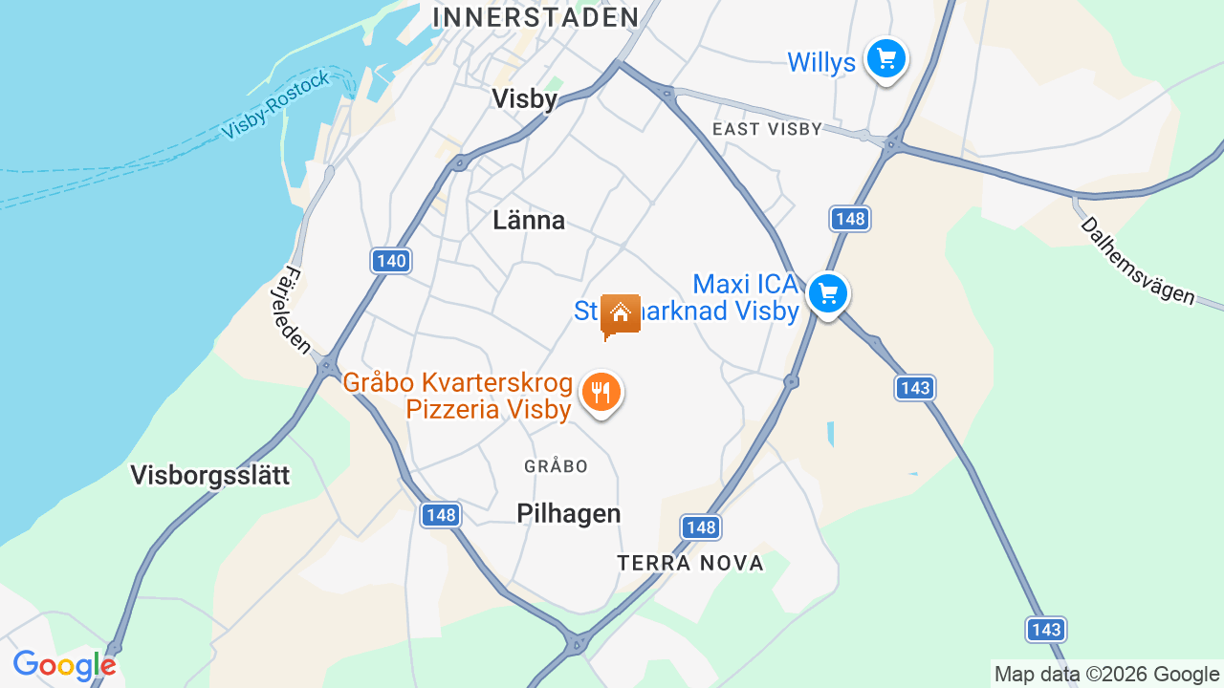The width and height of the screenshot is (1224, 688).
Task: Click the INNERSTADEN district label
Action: tap(535, 17)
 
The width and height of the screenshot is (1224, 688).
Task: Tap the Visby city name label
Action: tap(524, 98)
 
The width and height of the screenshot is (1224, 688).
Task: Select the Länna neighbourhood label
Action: tap(529, 221)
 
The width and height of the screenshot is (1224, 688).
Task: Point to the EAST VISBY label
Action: tap(767, 129)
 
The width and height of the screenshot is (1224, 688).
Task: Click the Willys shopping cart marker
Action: tap(886, 59)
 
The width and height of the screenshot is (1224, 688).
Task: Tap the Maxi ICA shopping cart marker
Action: tap(828, 293)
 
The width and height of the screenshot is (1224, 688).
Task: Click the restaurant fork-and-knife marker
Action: tap(601, 392)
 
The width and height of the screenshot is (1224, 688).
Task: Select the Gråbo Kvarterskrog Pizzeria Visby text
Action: tap(458, 397)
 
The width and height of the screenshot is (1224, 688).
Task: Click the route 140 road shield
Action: tap(391, 261)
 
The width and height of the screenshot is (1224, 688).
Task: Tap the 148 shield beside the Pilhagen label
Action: tap(441, 515)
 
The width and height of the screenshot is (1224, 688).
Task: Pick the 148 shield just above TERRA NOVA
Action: tap(701, 527)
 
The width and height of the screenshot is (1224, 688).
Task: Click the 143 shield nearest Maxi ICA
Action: tap(915, 388)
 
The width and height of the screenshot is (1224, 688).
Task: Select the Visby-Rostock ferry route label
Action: tap(275, 104)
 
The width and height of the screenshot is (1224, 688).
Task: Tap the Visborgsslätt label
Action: tap(209, 475)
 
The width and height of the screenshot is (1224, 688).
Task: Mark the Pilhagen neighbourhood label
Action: tap(569, 513)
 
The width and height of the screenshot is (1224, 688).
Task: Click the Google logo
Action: tap(64, 665)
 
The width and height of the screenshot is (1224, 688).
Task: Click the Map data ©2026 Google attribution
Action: tap(1106, 674)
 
